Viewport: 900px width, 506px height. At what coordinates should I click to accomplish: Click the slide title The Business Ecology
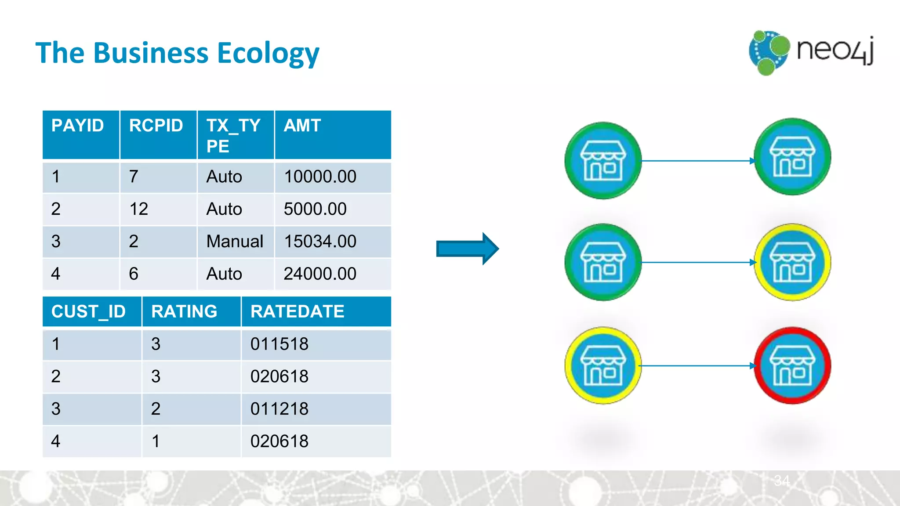177,53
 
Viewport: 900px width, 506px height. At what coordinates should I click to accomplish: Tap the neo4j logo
811,52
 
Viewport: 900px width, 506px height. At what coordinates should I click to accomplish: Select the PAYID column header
78,126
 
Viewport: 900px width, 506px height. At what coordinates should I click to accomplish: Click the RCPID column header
156,126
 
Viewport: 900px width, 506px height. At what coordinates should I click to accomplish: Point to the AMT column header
302,126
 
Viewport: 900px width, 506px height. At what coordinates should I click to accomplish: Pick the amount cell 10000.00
320,177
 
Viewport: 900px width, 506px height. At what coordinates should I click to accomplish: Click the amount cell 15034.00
320,242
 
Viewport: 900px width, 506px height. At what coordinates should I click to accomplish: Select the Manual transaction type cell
235,242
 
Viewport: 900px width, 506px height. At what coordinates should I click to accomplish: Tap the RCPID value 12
139,209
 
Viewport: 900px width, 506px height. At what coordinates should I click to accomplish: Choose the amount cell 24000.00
320,274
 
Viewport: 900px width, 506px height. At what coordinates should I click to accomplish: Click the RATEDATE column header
298,311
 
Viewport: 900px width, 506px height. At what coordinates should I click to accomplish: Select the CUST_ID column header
88,311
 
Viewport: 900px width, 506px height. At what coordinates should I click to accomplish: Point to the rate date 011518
279,344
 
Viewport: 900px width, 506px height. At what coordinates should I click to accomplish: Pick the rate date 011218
279,409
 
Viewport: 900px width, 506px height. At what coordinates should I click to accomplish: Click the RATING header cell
184,311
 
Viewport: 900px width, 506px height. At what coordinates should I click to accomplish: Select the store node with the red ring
792,365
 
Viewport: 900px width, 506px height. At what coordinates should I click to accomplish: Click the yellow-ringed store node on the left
603,365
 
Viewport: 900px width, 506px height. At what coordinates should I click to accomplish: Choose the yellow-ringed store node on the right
792,262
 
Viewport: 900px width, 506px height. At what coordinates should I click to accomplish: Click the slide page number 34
782,481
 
